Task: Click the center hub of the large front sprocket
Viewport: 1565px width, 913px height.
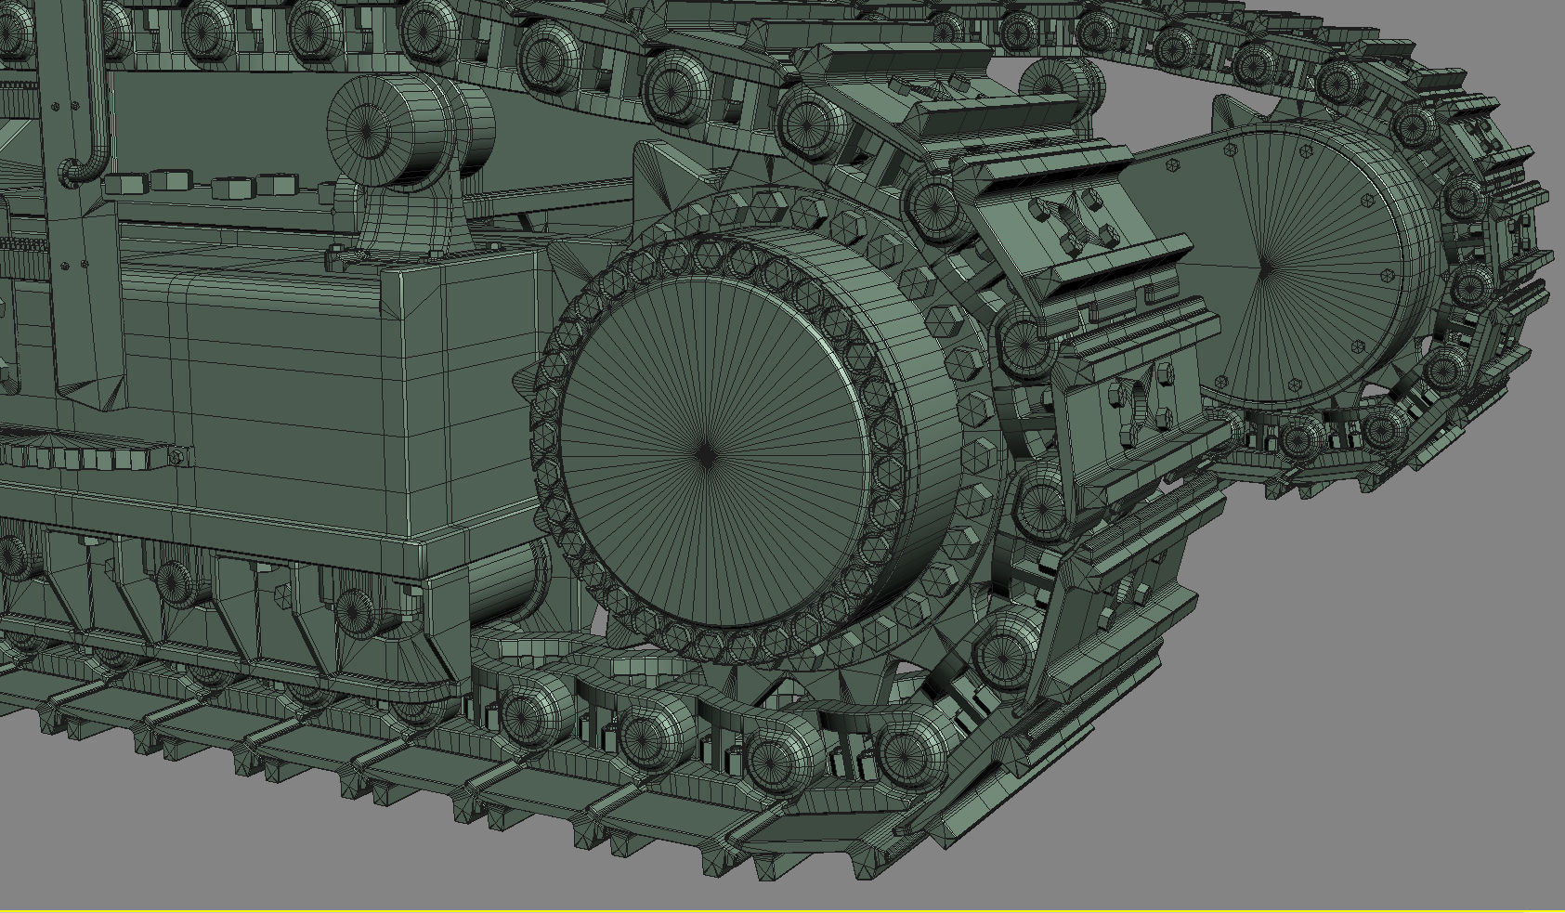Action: coord(708,454)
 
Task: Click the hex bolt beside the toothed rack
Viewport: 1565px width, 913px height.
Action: coord(176,455)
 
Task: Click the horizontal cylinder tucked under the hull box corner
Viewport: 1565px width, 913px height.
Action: coord(506,580)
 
